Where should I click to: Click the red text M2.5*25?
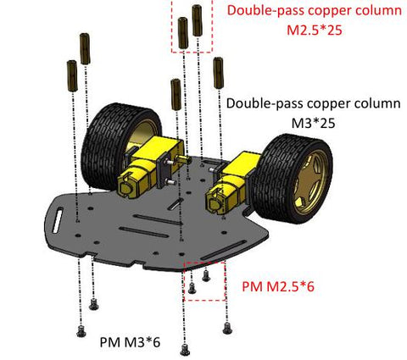coord(315,30)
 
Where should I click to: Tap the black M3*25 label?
coord(313,123)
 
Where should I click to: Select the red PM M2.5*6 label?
coord(278,286)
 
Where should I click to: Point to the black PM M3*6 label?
coord(130,342)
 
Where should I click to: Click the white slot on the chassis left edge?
coord(58,220)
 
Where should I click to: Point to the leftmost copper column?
coord(72,75)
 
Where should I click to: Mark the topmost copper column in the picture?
coord(197,20)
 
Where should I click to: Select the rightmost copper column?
coord(219,73)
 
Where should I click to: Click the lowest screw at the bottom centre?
coord(185,350)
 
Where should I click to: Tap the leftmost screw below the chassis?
coord(81,331)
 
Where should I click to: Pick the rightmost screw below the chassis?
coord(227,329)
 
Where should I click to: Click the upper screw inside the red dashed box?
coord(206,276)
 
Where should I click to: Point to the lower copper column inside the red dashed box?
coord(183,33)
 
